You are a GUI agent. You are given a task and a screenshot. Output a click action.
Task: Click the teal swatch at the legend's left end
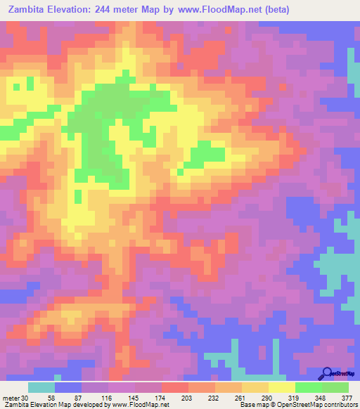coord(41,388)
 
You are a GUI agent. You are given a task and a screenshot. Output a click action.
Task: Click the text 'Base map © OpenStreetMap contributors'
coord(295,404)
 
